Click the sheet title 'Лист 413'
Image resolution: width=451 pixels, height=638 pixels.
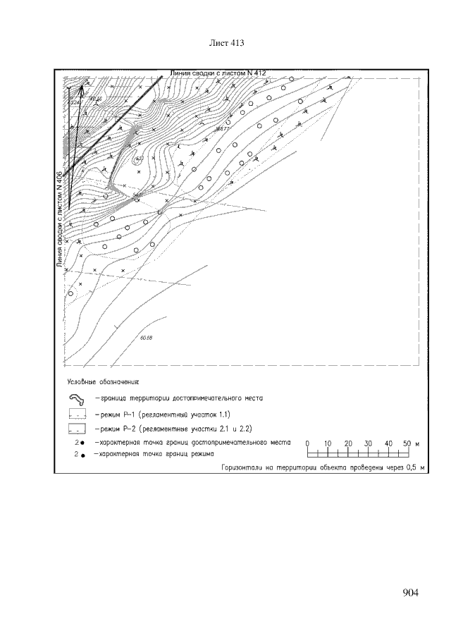pos(227,44)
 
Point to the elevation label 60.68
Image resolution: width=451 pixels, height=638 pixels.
pos(147,338)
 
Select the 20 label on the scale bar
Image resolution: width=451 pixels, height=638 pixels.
pos(348,443)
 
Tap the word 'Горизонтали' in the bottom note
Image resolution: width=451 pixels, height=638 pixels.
pos(242,467)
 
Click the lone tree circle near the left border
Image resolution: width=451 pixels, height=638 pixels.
pos(70,294)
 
